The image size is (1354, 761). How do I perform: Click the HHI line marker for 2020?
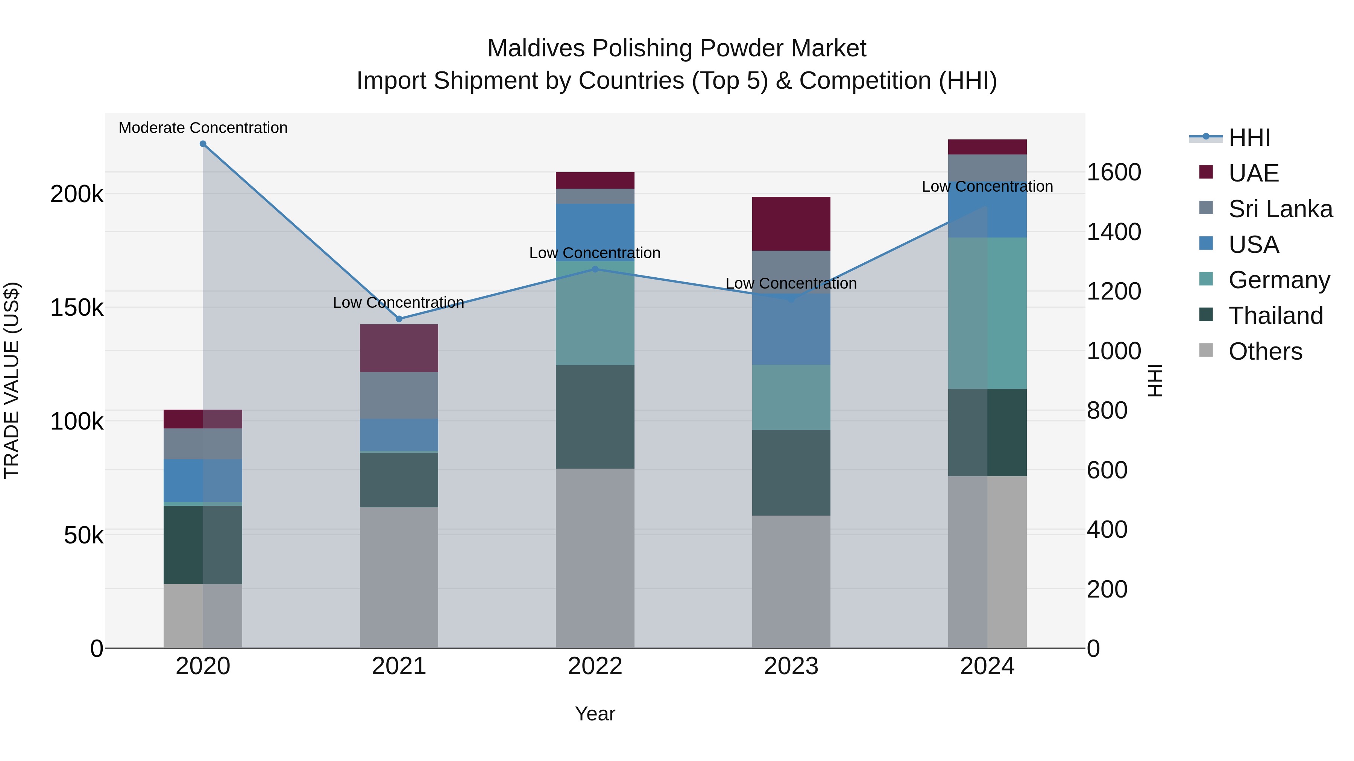pos(203,144)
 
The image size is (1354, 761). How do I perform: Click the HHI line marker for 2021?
pos(399,319)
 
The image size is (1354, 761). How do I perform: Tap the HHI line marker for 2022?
pos(595,269)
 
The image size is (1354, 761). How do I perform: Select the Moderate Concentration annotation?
pos(203,128)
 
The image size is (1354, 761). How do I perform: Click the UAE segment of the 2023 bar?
pos(791,224)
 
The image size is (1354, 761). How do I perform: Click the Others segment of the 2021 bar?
pos(399,577)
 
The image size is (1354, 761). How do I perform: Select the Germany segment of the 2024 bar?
pos(987,313)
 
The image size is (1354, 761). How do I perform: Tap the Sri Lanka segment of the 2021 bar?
pos(399,395)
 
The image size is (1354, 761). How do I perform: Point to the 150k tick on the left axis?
pos(77,307)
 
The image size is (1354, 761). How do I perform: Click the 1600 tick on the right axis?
pos(1113,172)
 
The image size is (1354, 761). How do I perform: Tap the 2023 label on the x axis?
pos(791,666)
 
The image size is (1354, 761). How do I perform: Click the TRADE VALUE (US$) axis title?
pos(12,380)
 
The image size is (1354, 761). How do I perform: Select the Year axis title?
pos(595,714)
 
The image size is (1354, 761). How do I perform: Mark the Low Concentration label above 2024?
pos(987,186)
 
